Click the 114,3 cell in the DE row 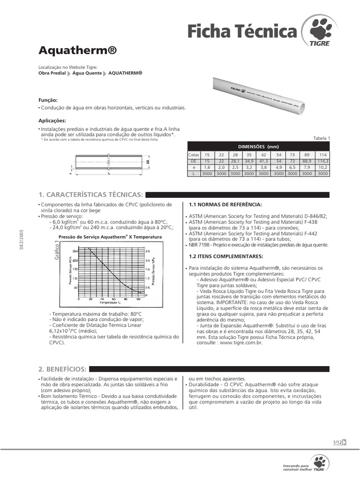[x=322, y=160]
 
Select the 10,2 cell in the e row [x=322, y=167]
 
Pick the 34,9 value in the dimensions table [x=249, y=160]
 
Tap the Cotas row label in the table [x=193, y=154]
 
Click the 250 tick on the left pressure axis [x=75, y=252]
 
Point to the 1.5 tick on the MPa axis [x=148, y=270]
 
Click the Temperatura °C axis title [x=108, y=303]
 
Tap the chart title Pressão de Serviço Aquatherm [x=110, y=237]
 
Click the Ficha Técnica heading [x=242, y=31]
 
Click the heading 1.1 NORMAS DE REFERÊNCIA [x=225, y=205]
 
